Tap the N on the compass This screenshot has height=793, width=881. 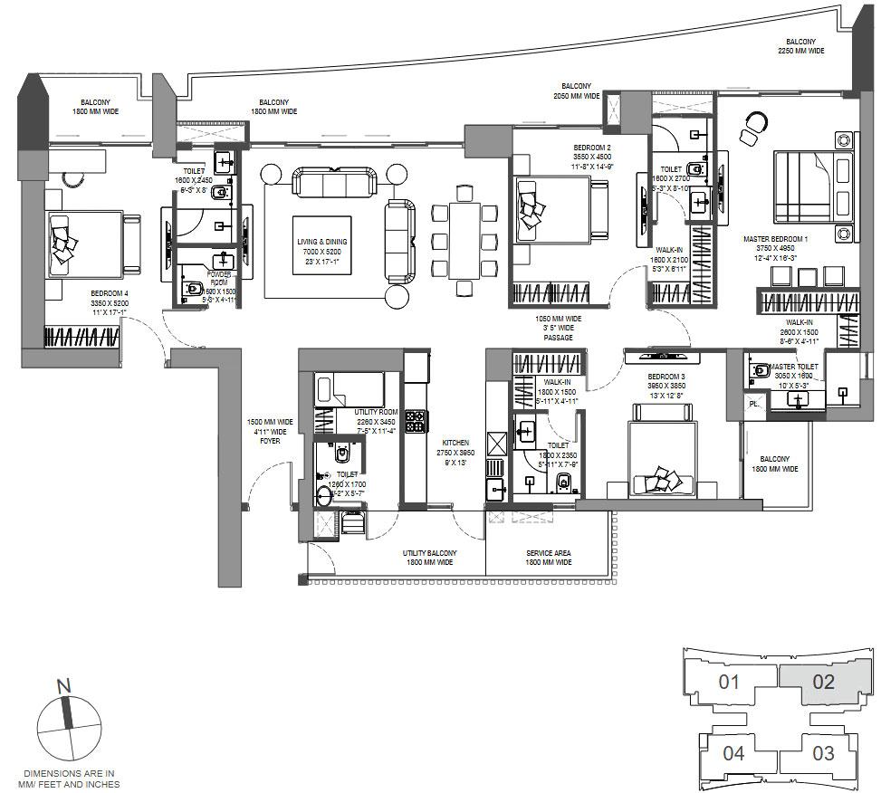coord(64,687)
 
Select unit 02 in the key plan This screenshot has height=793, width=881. coord(822,683)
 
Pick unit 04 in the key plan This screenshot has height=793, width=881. coord(733,752)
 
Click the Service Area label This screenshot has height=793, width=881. coord(549,558)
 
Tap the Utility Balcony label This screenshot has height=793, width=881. coord(429,558)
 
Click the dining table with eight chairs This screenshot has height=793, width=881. coord(464,240)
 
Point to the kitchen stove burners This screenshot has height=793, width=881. coord(416,421)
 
